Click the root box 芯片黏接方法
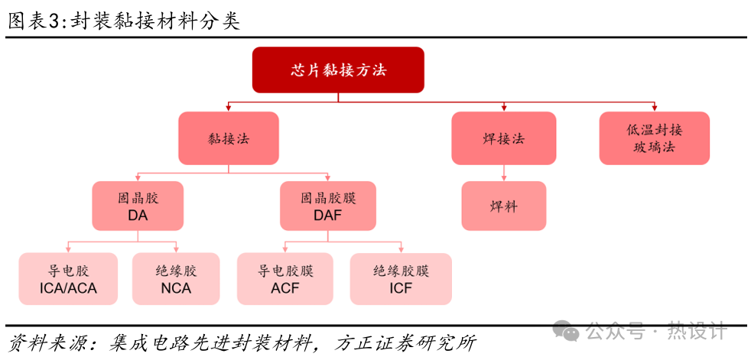(x=338, y=70)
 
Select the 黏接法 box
(x=229, y=138)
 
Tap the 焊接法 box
(x=503, y=138)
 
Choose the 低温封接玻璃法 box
(x=654, y=138)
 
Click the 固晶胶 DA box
(x=138, y=206)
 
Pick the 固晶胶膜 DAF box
(x=328, y=206)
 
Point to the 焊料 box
(x=504, y=206)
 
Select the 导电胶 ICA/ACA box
(x=69, y=279)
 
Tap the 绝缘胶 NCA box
(x=176, y=279)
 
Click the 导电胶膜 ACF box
(x=285, y=279)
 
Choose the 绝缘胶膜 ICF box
(x=401, y=279)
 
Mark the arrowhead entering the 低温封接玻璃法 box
(x=654, y=109)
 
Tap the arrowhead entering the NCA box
(x=176, y=249)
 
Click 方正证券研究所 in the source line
(x=406, y=342)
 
